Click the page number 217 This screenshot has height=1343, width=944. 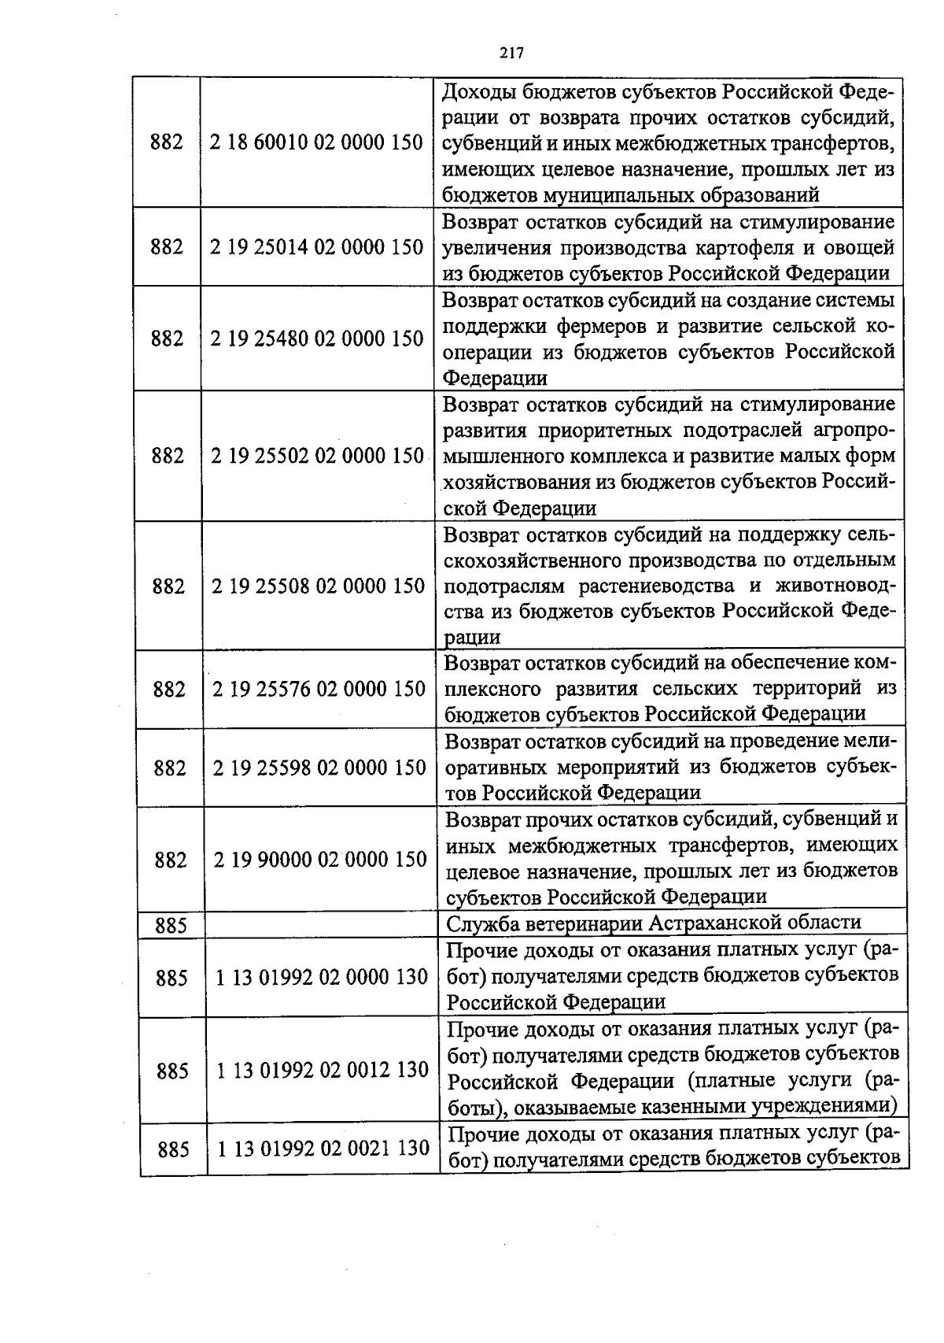[511, 53]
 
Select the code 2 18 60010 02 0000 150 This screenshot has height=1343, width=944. [317, 142]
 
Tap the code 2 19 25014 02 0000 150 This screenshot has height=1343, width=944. [317, 247]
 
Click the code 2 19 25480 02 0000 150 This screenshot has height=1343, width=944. [317, 339]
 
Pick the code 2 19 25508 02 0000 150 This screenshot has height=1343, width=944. [319, 586]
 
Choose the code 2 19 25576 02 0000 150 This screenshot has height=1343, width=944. [319, 689]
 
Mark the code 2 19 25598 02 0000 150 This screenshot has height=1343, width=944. [319, 768]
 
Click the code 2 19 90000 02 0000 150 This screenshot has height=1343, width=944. [320, 859]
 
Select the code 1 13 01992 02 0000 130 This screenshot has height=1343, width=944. [322, 977]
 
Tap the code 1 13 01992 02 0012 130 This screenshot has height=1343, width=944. [323, 1070]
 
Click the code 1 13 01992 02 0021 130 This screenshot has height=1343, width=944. [323, 1149]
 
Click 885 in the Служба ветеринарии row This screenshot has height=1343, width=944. [171, 926]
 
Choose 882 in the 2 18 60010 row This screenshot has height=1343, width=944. [166, 142]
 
